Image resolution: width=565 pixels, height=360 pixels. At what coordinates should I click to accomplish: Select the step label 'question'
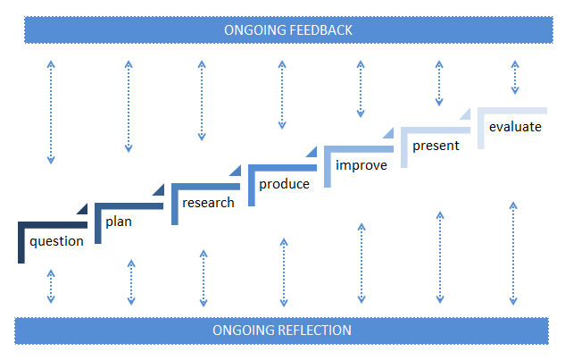pyautogui.click(x=56, y=241)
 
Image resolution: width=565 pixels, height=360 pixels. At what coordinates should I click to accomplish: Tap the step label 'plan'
pyautogui.click(x=119, y=221)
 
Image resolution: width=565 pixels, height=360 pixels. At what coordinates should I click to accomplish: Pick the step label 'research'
pyautogui.click(x=208, y=203)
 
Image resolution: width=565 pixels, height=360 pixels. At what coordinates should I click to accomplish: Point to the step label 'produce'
pyautogui.click(x=284, y=184)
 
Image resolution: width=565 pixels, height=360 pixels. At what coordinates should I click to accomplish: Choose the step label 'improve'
pyautogui.click(x=361, y=165)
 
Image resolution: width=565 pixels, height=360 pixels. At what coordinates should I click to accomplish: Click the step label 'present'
pyautogui.click(x=436, y=146)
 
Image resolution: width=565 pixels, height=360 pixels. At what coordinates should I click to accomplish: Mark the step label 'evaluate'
pyautogui.click(x=515, y=127)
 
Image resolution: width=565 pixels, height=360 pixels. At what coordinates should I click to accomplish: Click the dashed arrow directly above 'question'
pyautogui.click(x=51, y=112)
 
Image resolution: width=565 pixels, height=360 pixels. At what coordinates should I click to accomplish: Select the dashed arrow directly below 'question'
pyautogui.click(x=51, y=287)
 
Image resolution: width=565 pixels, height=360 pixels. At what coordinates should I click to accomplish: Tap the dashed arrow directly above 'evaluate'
pyautogui.click(x=514, y=77)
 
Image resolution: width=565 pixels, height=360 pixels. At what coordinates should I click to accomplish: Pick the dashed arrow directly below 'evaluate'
pyautogui.click(x=514, y=253)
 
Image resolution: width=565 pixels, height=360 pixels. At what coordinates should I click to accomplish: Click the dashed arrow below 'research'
pyautogui.click(x=204, y=277)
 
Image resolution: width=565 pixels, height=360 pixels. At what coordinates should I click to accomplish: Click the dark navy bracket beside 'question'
pyautogui.click(x=21, y=241)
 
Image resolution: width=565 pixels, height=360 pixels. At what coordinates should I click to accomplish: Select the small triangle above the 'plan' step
pyautogui.click(x=82, y=208)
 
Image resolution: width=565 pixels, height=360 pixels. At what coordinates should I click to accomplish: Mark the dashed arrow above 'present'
pyautogui.click(x=438, y=83)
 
